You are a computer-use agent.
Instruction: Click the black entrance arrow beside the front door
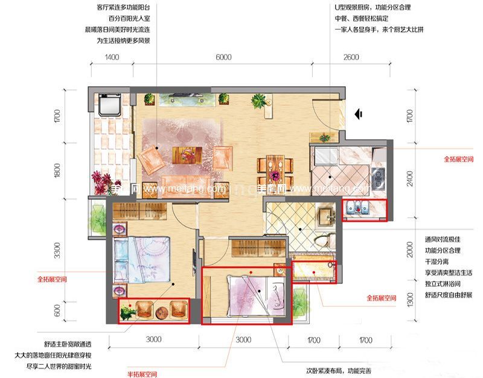pos(358,113)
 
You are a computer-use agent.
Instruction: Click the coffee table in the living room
pos(186,154)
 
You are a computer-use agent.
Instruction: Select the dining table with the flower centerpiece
pos(275,171)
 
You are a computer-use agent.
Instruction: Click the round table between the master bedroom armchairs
pos(161,312)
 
